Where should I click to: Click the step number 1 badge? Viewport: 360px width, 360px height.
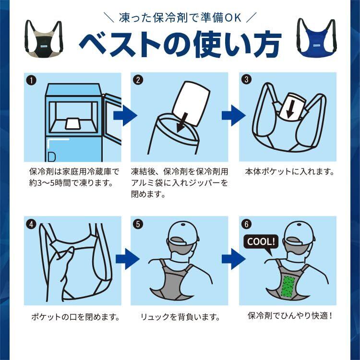31,80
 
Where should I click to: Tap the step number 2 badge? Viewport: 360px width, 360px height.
138,80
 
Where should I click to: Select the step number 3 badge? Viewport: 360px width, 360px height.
246,79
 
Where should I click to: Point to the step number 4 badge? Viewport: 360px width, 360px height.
31,224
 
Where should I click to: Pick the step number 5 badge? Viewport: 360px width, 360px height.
138,224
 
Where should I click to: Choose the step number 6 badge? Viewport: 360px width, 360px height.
246,224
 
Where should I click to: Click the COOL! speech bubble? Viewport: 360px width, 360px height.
261,243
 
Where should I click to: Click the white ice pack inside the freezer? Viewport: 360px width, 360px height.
72,123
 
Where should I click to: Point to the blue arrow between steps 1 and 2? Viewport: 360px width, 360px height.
125,115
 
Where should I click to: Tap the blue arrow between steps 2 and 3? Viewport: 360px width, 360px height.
233,115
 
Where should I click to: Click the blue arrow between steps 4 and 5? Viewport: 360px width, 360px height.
127,259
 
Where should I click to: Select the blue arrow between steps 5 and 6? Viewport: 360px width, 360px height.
233,259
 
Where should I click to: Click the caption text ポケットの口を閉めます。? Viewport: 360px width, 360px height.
75,317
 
